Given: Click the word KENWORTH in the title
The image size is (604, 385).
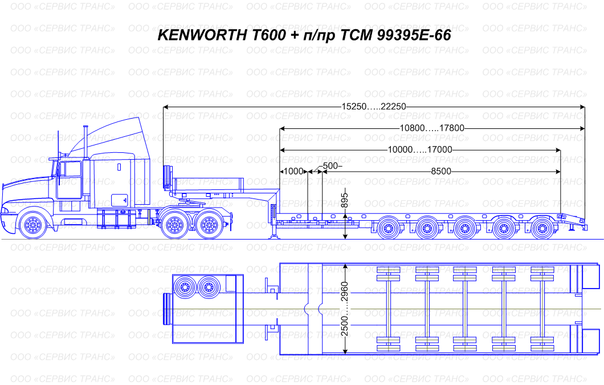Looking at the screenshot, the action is pyautogui.click(x=202, y=35).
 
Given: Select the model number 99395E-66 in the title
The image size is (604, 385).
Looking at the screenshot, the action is pyautogui.click(x=414, y=35).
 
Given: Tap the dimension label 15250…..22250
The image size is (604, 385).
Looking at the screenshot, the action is pyautogui.click(x=374, y=107).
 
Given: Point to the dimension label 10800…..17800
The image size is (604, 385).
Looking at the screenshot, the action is pyautogui.click(x=432, y=128).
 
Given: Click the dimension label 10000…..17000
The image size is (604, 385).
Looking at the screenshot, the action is pyautogui.click(x=419, y=149).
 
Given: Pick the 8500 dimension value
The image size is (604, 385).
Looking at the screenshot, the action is pyautogui.click(x=440, y=171).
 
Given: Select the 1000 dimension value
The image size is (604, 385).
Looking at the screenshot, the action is pyautogui.click(x=293, y=171).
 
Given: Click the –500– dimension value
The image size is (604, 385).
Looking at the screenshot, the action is pyautogui.click(x=330, y=166).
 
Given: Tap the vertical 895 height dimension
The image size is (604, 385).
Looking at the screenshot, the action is pyautogui.click(x=345, y=200).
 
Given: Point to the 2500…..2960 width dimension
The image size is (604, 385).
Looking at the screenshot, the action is pyautogui.click(x=345, y=309).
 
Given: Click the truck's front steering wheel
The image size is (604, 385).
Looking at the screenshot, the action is pyautogui.click(x=32, y=225).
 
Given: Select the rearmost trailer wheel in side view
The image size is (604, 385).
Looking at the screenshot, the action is pyautogui.click(x=542, y=228).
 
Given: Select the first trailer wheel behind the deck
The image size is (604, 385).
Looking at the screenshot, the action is pyautogui.click(x=388, y=228).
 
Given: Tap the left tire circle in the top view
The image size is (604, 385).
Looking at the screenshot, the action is pyautogui.click(x=185, y=287).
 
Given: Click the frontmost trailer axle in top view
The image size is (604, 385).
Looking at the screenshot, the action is pyautogui.click(x=388, y=309).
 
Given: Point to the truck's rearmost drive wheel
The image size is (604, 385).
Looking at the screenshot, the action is pyautogui.click(x=210, y=225).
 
